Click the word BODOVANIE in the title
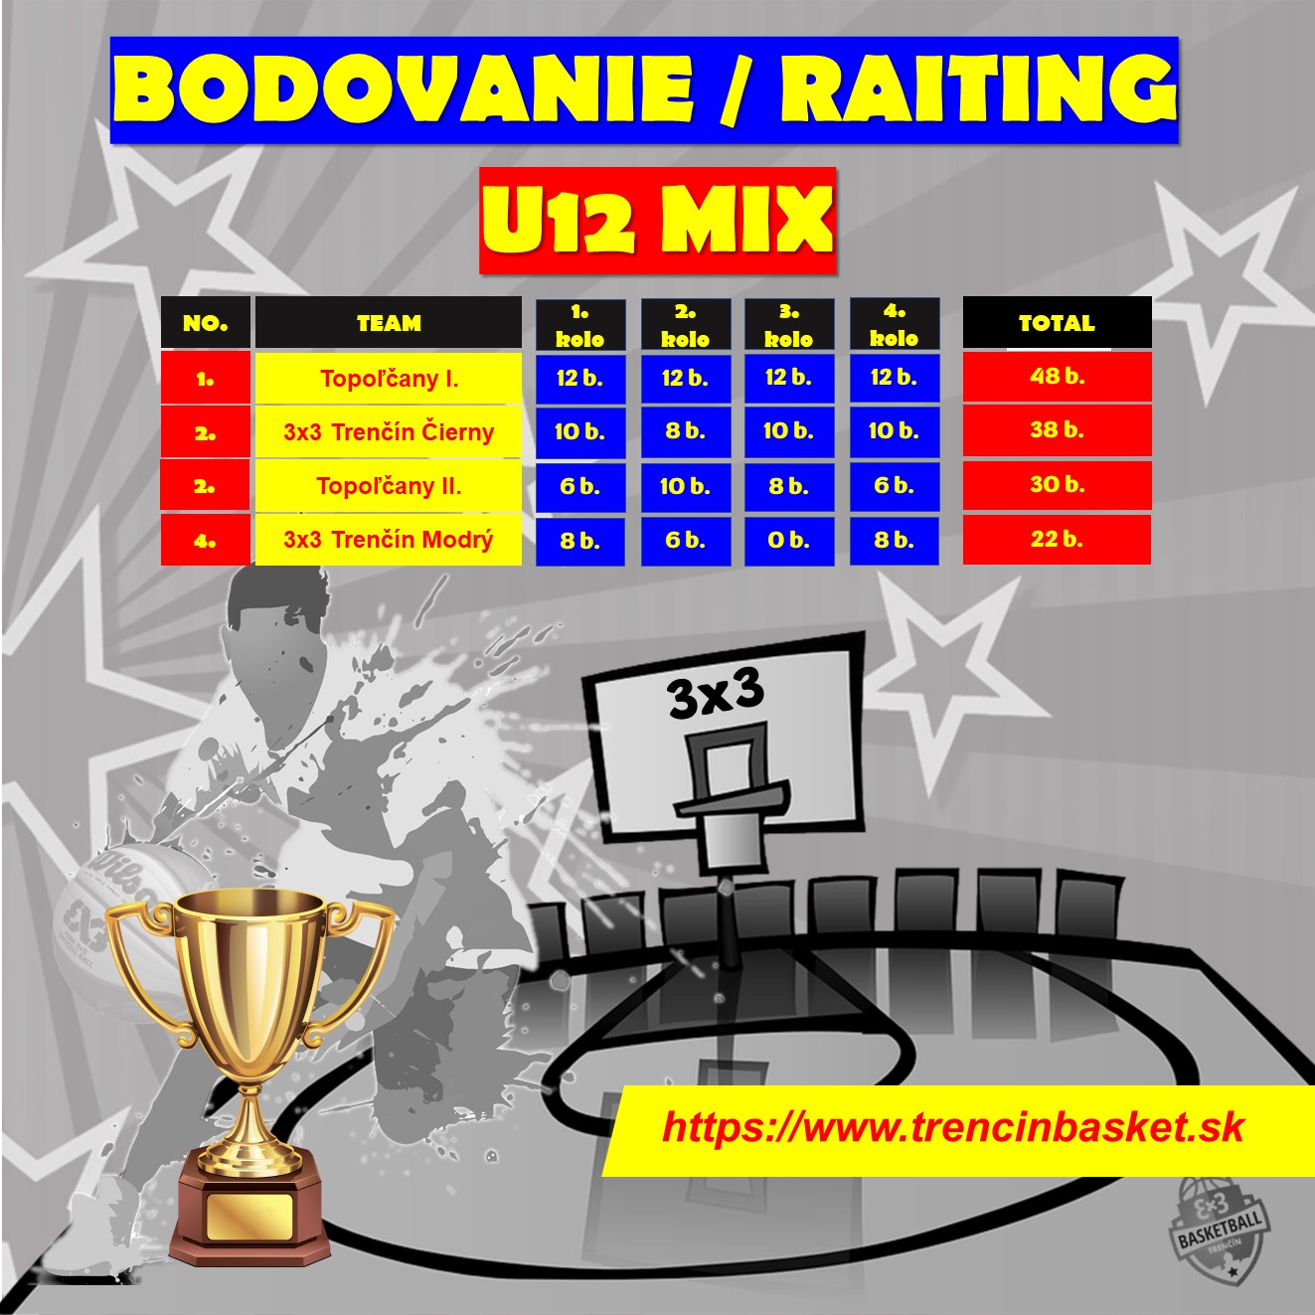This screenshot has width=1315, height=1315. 403,89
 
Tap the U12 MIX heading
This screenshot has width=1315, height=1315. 658,221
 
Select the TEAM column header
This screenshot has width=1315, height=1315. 389,322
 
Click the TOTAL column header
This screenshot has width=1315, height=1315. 1057,322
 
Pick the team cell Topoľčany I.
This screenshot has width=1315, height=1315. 389,378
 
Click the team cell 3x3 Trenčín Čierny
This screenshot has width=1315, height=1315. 389,432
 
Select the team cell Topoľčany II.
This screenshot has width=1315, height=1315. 389,486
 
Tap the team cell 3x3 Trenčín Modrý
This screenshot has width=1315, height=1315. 389,540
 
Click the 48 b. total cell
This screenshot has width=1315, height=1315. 1057,376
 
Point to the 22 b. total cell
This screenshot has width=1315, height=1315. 1057,539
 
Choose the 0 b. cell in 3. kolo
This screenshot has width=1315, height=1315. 789,541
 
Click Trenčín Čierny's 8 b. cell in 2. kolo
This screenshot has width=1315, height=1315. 686,432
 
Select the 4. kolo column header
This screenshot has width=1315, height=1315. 894,325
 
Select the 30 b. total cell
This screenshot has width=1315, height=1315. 1057,485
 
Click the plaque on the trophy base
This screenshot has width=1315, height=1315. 249,1216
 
